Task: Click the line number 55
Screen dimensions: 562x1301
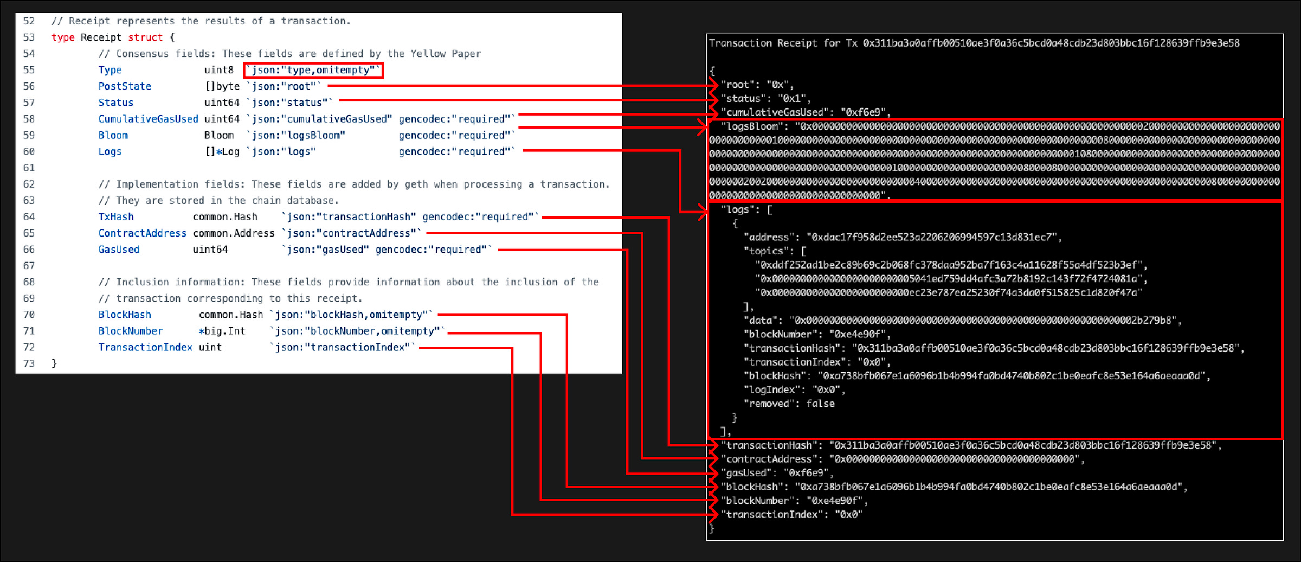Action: point(29,70)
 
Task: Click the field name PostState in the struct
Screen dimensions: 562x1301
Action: point(125,86)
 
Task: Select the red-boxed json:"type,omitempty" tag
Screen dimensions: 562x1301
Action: point(313,70)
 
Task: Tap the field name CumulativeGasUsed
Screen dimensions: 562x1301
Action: point(148,119)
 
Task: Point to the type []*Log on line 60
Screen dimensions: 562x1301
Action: point(222,151)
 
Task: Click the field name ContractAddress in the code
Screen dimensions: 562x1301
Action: point(142,233)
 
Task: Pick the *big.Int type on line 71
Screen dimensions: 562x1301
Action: point(222,331)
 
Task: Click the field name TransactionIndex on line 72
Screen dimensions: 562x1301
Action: point(145,347)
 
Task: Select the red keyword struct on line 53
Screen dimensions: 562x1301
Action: point(145,37)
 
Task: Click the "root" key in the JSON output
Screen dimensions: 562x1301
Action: point(738,85)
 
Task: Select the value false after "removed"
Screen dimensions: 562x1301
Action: point(820,404)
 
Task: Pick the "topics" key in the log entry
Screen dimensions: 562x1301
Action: point(766,251)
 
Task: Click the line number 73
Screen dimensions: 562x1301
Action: point(29,363)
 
